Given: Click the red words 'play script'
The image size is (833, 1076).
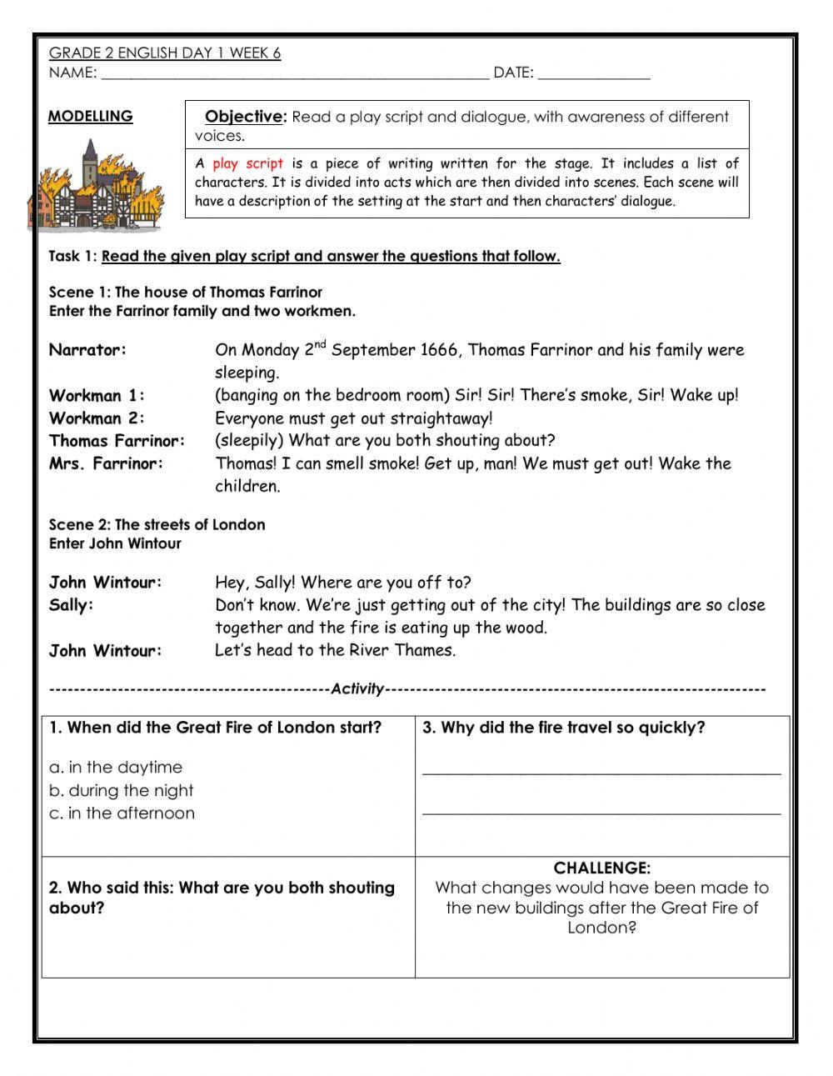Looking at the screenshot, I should (x=247, y=164).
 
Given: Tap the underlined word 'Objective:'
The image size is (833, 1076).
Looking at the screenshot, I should (x=245, y=117).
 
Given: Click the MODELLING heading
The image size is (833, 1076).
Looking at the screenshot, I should (x=90, y=117).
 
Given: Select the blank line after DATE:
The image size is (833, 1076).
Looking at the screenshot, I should (x=593, y=74).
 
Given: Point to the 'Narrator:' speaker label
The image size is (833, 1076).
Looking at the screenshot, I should (x=87, y=350).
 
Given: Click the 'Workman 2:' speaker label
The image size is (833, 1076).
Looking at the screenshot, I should (x=97, y=418).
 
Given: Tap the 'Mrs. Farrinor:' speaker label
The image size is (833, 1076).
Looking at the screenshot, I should (x=106, y=463).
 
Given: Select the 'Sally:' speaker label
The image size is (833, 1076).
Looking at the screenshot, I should (x=71, y=605).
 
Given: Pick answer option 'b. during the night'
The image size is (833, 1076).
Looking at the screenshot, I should (x=121, y=790).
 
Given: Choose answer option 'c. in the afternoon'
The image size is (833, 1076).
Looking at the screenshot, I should (x=122, y=813).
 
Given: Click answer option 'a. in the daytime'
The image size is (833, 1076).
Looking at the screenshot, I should (x=115, y=767).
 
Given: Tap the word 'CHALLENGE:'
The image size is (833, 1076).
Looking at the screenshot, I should (x=601, y=868).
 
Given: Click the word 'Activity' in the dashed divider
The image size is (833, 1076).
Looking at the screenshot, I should (x=357, y=689).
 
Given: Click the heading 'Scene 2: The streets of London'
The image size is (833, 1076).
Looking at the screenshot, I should (x=157, y=524).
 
